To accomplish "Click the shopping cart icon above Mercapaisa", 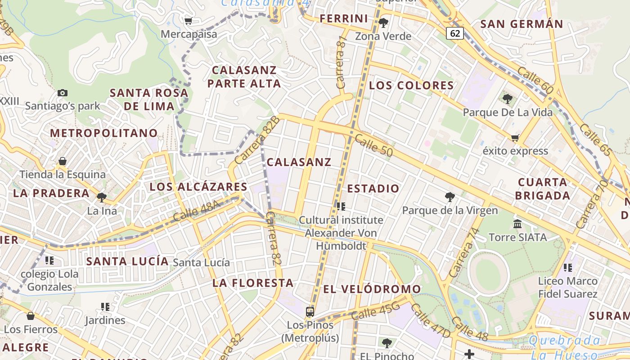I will click(x=189, y=21).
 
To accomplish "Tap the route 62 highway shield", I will click(x=455, y=33).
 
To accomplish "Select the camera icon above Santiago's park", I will click(x=63, y=93).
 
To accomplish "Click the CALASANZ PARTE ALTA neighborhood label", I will click(x=244, y=76).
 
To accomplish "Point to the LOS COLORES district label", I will click(x=411, y=85).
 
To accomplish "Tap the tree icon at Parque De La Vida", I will click(x=508, y=99).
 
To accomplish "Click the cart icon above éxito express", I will click(x=515, y=137).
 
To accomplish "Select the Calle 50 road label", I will click(x=373, y=145).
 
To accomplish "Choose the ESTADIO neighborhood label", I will click(x=373, y=189).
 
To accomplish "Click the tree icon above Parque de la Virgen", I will click(x=450, y=197).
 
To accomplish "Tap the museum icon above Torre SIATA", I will click(x=517, y=224).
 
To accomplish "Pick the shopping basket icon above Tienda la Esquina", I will click(x=63, y=161).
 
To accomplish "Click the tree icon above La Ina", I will click(x=102, y=197).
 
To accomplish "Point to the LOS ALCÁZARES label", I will click(x=198, y=187).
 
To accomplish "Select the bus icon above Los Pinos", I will click(x=310, y=311).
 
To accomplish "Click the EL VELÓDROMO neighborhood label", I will click(x=372, y=289).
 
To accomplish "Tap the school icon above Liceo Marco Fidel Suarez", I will click(x=568, y=268).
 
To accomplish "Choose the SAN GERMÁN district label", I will click(x=522, y=24).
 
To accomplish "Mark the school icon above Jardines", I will click(x=105, y=307).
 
